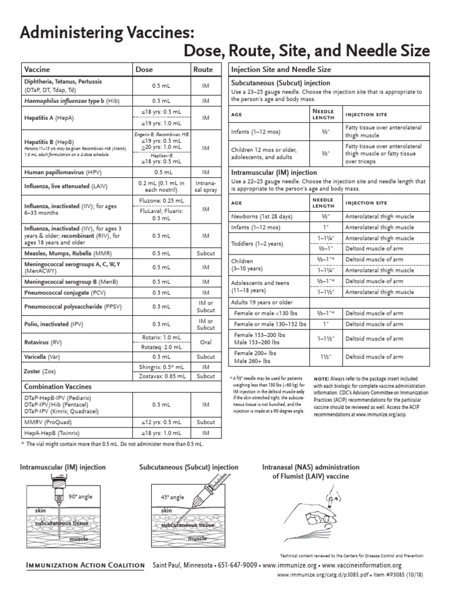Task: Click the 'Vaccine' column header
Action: click(x=37, y=69)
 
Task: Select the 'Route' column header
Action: click(x=203, y=69)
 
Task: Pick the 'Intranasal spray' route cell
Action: click(x=205, y=187)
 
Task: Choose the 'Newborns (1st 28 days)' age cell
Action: click(x=264, y=216)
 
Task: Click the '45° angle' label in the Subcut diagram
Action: click(x=172, y=497)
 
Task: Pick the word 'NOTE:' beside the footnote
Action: click(x=322, y=379)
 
